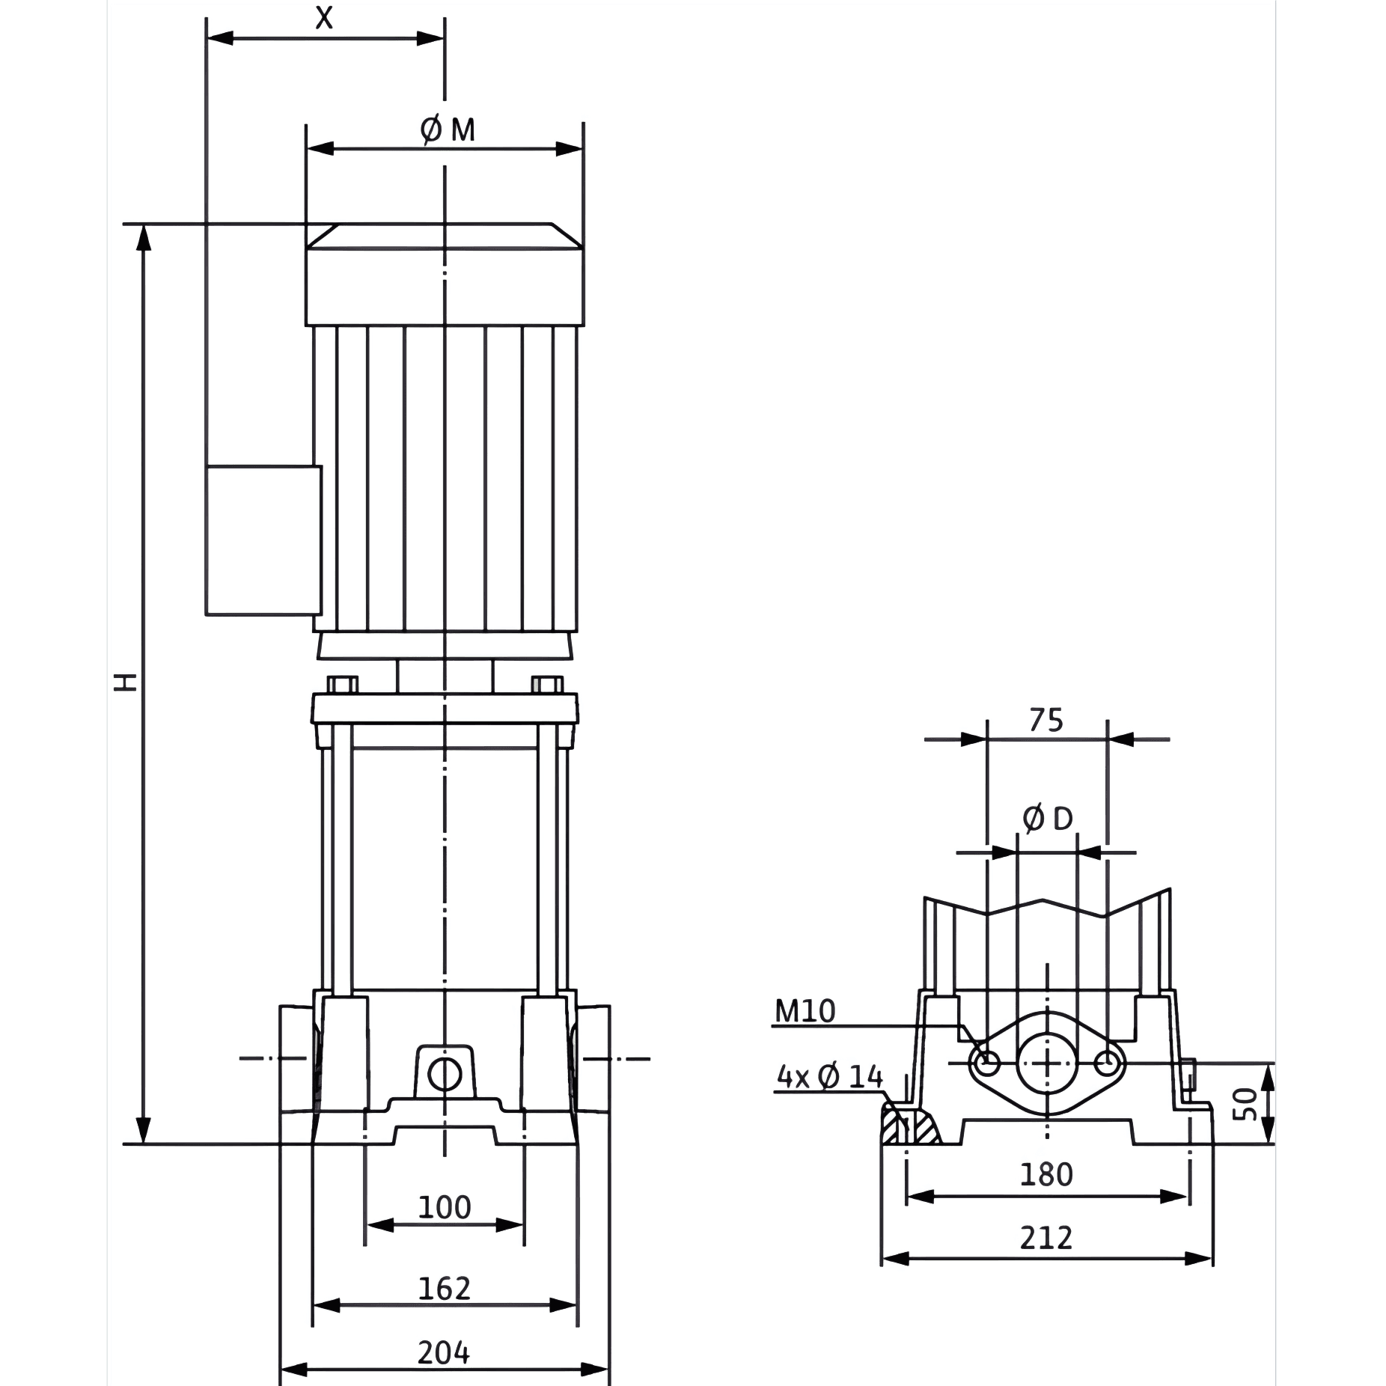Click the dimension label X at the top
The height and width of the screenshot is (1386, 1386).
(323, 17)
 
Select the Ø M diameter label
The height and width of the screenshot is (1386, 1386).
(448, 130)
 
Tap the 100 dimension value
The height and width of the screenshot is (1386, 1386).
(444, 1207)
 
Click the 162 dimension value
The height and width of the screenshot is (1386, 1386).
(444, 1288)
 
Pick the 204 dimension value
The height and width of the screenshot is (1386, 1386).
(444, 1352)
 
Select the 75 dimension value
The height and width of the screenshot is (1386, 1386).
(1045, 720)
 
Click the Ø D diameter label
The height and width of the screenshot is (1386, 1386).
(1048, 819)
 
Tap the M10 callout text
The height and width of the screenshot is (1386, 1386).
(805, 1011)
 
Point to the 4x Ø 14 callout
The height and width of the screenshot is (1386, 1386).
(830, 1077)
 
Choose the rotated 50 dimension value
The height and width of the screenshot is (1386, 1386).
(1245, 1105)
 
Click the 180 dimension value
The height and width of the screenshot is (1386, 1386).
(1046, 1174)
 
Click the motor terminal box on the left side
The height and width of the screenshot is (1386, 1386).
(263, 540)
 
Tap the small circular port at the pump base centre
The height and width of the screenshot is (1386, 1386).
(445, 1075)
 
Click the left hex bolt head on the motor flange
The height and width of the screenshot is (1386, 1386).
(342, 684)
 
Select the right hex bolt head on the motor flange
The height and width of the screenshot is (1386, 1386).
(547, 684)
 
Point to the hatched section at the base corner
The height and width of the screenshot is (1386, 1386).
(910, 1123)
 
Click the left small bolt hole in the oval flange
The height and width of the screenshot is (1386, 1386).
(988, 1061)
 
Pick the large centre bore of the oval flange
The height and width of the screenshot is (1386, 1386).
(1047, 1063)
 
